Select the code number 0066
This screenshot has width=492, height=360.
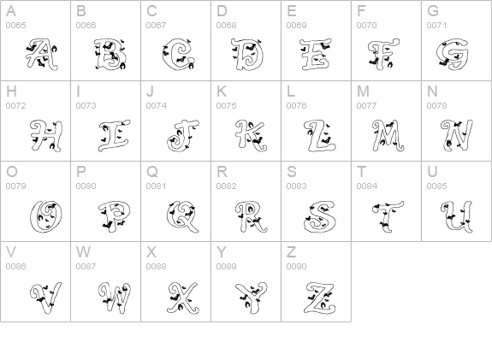point(86,25)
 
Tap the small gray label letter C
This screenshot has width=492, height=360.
point(151,11)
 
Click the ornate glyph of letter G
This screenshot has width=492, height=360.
point(452,54)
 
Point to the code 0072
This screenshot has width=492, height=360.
point(15,106)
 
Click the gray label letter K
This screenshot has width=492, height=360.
point(222,91)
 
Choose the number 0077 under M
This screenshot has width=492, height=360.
point(366,106)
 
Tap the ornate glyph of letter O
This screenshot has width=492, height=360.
point(46,216)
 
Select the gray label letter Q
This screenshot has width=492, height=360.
point(151,172)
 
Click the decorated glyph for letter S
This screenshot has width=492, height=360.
point(320,217)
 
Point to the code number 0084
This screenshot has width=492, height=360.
point(366,186)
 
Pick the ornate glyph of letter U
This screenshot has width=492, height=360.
point(457,217)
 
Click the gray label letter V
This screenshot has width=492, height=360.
point(11,252)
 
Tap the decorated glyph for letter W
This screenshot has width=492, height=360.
point(114,297)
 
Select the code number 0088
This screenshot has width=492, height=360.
point(156,266)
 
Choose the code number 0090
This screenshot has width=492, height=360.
point(296,266)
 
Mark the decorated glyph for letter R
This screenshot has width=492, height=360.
point(251,217)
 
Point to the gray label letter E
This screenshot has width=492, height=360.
point(292,11)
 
